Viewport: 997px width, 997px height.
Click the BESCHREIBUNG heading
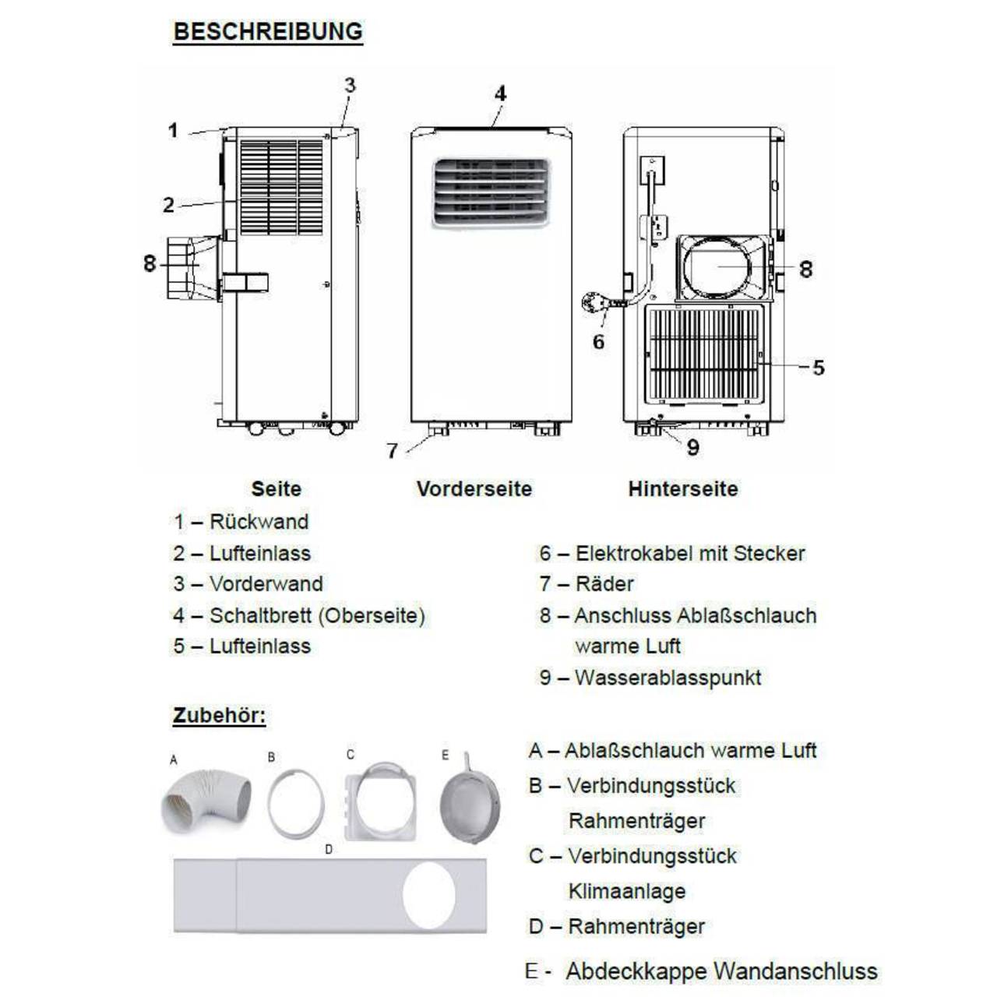point(268,32)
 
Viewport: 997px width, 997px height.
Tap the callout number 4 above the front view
point(500,93)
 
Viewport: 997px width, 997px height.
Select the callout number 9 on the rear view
point(692,447)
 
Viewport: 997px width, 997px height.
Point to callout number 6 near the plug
point(598,341)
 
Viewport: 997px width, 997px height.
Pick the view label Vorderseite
point(474,489)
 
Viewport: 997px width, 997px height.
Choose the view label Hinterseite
point(682,489)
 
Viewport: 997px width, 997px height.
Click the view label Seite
point(276,489)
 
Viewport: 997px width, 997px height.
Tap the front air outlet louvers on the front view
point(491,192)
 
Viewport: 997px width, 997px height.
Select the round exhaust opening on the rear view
point(717,268)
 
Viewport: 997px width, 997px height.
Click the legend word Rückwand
point(259,522)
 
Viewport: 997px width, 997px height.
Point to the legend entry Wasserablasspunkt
point(668,678)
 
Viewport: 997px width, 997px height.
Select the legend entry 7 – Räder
point(587,584)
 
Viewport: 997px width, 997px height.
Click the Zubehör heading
point(219,716)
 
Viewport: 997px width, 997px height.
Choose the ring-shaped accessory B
point(296,803)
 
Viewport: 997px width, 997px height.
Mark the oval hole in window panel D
point(429,895)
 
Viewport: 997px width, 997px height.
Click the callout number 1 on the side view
point(173,130)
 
